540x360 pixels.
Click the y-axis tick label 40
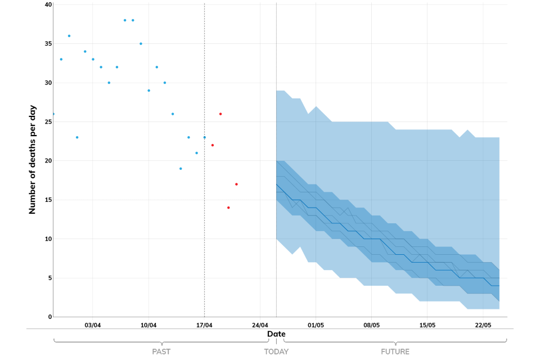48,4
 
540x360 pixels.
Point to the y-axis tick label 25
48,121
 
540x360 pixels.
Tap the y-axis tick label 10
48,239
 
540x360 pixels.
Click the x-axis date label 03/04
93,325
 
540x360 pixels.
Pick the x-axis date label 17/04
204,325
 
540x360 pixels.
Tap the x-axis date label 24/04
260,325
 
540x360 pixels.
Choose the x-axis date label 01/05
316,325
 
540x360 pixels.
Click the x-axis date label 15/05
427,325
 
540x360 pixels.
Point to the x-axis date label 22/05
483,325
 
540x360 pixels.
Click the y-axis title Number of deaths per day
33,159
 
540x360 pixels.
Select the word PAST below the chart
161,352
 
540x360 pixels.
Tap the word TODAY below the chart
276,352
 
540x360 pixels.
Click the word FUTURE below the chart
395,352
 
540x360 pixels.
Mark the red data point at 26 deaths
220,114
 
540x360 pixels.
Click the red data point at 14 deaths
228,208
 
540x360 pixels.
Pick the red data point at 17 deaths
236,184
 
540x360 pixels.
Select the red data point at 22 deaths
213,145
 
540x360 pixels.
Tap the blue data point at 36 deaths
69,36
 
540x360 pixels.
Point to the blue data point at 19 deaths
181,169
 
